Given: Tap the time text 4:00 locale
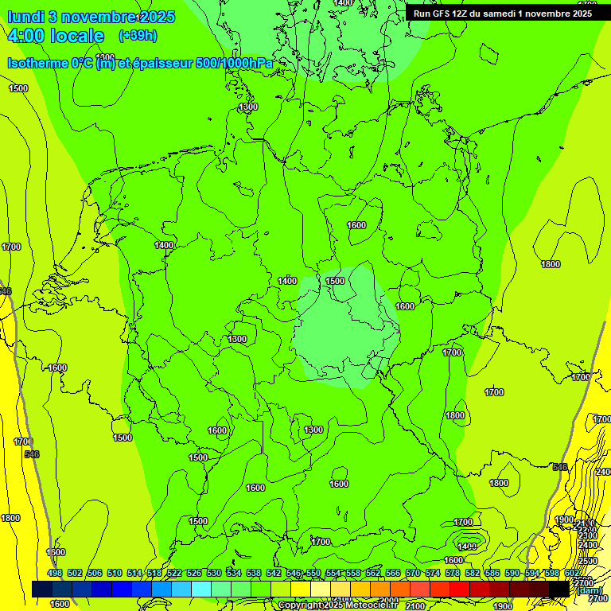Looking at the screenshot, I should [x=56, y=36].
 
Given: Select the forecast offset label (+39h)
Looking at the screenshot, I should [x=137, y=36].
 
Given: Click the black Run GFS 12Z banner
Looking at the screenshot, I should [x=502, y=13].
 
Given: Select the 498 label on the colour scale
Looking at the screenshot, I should [x=55, y=574].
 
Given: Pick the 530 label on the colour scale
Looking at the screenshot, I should [x=214, y=574].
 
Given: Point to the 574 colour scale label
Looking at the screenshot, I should [x=432, y=574].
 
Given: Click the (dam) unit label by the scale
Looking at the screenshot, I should [x=590, y=590].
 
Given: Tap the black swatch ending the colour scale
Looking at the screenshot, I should [x=558, y=589].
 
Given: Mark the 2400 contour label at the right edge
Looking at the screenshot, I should [x=603, y=473].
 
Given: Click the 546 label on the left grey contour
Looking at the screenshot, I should [x=32, y=454].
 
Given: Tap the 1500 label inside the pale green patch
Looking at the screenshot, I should [x=335, y=281].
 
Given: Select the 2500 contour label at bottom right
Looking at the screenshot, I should [x=587, y=562].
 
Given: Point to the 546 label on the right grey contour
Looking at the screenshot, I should [x=560, y=467].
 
